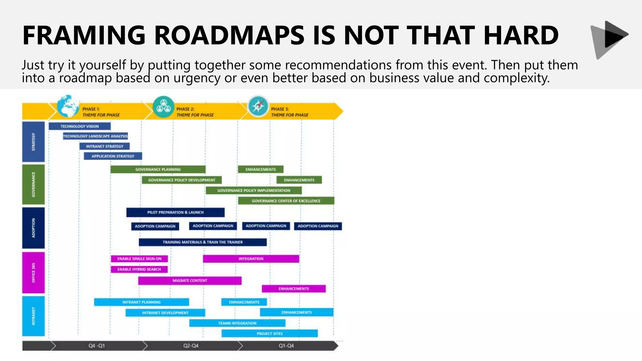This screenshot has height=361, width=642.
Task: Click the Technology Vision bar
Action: click(80, 126)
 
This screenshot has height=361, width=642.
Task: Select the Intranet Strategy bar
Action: click(104, 146)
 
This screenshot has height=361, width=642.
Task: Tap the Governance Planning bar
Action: click(158, 170)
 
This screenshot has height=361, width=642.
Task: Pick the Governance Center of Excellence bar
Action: click(286, 201)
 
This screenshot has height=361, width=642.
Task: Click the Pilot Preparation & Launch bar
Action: click(175, 212)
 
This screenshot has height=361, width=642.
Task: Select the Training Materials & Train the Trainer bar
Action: click(203, 242)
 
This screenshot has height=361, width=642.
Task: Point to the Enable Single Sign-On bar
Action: click(139, 259)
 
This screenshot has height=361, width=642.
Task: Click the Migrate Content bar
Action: click(190, 280)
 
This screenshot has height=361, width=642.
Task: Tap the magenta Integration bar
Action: click(251, 259)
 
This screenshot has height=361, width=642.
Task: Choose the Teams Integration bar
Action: click(237, 323)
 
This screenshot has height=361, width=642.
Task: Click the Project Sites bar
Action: click(270, 333)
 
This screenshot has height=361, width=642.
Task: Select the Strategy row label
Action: click(34, 142)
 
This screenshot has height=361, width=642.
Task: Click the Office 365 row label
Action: click(34, 273)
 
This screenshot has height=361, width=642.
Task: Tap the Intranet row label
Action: click(34, 316)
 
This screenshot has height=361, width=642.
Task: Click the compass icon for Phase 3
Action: click(258, 106)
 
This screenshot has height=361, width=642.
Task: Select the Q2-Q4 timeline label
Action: click(191, 346)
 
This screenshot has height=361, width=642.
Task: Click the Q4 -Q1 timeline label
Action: click(97, 346)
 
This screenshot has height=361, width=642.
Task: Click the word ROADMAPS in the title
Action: click(229, 35)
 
